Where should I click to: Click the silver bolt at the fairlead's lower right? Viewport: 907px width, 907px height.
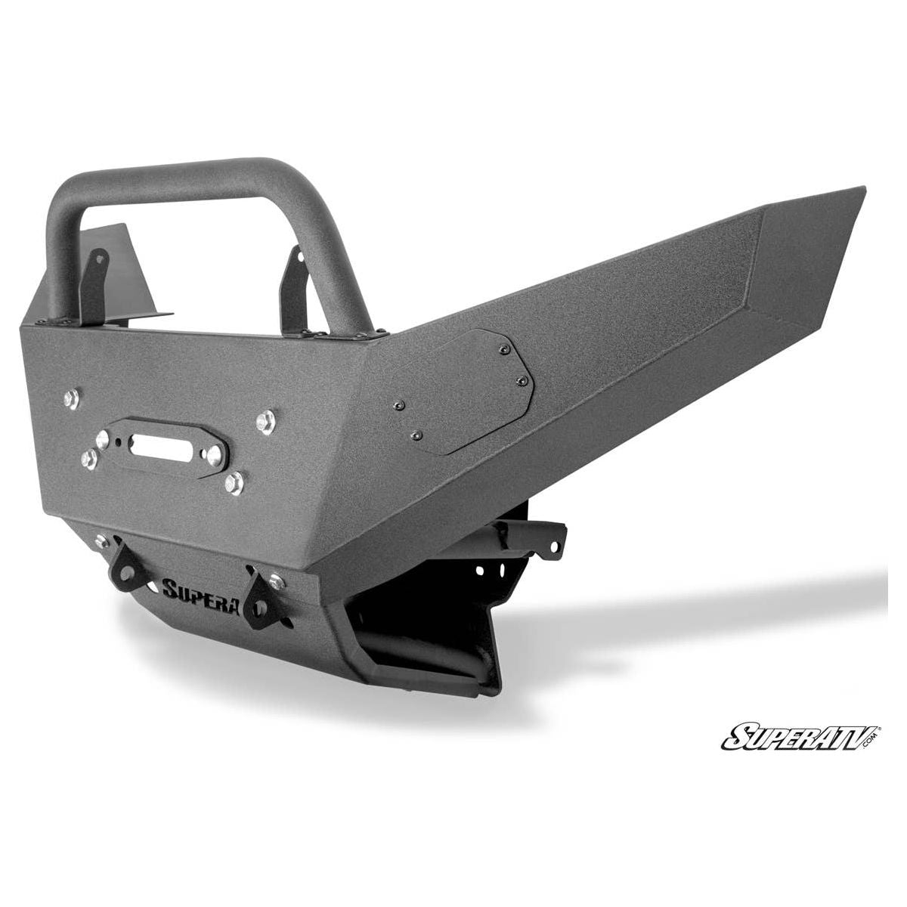236,481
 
